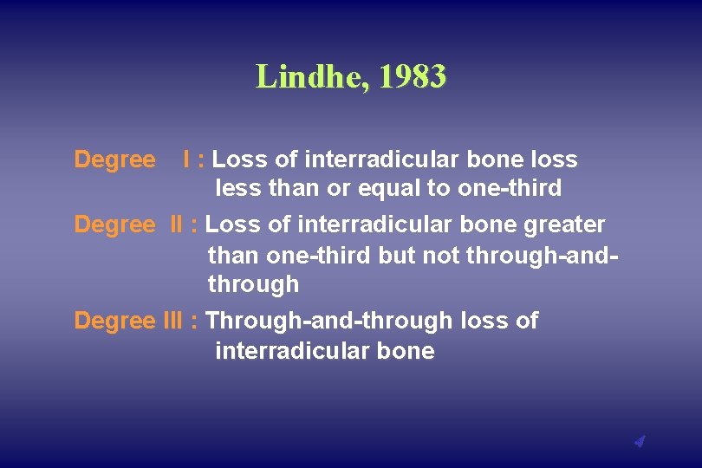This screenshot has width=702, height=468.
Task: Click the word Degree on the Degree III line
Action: click(115, 321)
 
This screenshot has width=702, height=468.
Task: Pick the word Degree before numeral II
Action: click(115, 224)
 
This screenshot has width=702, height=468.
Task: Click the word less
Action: click(235, 188)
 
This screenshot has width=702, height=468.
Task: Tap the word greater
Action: click(564, 224)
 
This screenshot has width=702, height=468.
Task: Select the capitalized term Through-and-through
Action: click(329, 321)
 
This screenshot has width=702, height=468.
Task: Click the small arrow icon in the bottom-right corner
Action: click(640, 442)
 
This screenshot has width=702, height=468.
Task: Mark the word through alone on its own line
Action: click(253, 284)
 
